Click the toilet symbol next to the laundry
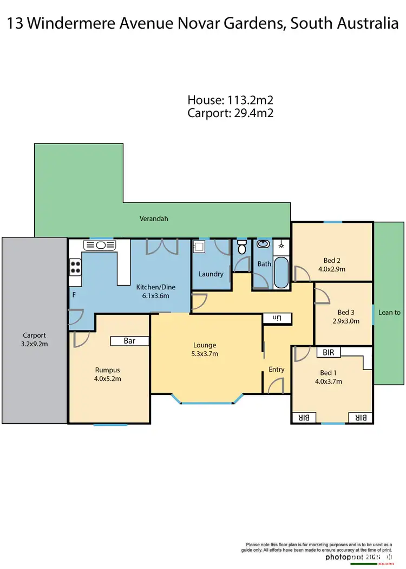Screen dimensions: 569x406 (242, 249)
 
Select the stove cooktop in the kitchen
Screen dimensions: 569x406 (75, 267)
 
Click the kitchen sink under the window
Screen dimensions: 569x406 (101, 245)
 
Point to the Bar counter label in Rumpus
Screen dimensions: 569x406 (129, 341)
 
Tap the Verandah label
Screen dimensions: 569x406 (154, 219)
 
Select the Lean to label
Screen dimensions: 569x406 (389, 312)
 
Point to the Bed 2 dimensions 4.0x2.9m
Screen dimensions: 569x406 (332, 269)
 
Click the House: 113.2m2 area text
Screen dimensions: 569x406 (230, 100)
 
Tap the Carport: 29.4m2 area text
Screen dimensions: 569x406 (230, 113)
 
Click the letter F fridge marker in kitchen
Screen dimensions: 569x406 (74, 295)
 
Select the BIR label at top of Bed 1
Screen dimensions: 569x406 (329, 352)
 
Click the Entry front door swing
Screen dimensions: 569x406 (274, 386)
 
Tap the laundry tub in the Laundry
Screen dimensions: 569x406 (198, 248)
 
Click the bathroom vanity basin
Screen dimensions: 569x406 (264, 245)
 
